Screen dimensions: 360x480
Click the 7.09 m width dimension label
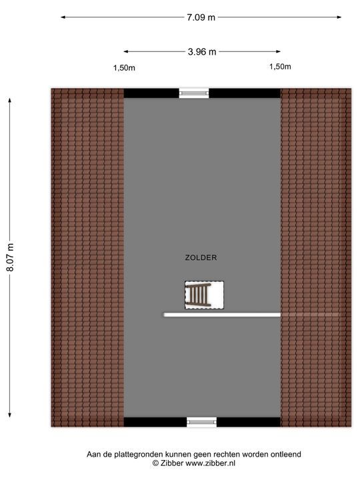201,17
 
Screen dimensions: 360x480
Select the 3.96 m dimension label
202,52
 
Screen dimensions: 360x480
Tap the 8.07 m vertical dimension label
10,257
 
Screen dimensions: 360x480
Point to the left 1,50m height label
124,68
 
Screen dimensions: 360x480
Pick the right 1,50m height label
280,67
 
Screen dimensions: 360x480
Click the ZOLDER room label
201,258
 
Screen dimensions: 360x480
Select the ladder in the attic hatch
199,295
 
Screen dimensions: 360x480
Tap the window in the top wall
194,93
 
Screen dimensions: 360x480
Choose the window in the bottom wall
201,422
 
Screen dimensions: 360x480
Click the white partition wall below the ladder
222,315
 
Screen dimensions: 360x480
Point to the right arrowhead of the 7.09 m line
339,17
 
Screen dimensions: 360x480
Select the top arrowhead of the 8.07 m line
10,101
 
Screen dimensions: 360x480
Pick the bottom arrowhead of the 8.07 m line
10,415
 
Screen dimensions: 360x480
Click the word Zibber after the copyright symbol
172,463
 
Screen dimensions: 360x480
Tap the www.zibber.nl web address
210,463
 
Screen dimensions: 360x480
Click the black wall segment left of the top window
151,93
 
